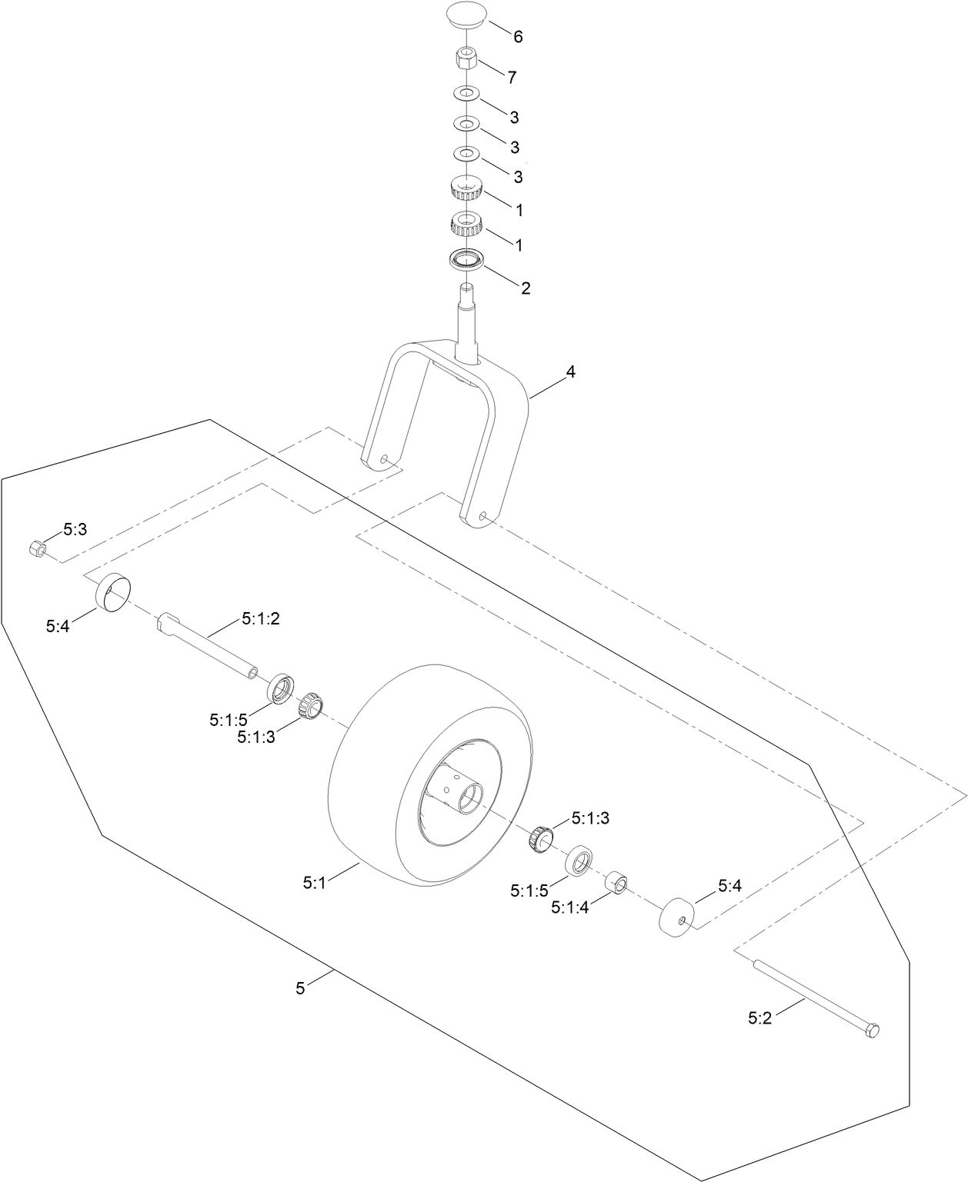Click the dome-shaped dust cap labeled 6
click(x=466, y=18)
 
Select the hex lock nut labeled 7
click(x=466, y=58)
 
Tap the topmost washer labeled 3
click(x=466, y=93)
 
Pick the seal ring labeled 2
click(x=466, y=260)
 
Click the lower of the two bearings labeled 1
click(x=466, y=224)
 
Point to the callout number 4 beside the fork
click(x=570, y=372)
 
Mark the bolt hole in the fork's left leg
click(x=383, y=460)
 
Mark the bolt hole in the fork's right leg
click(x=482, y=517)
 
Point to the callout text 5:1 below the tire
click(x=315, y=884)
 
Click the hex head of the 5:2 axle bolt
click(x=873, y=1031)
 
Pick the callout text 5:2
click(x=759, y=1017)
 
